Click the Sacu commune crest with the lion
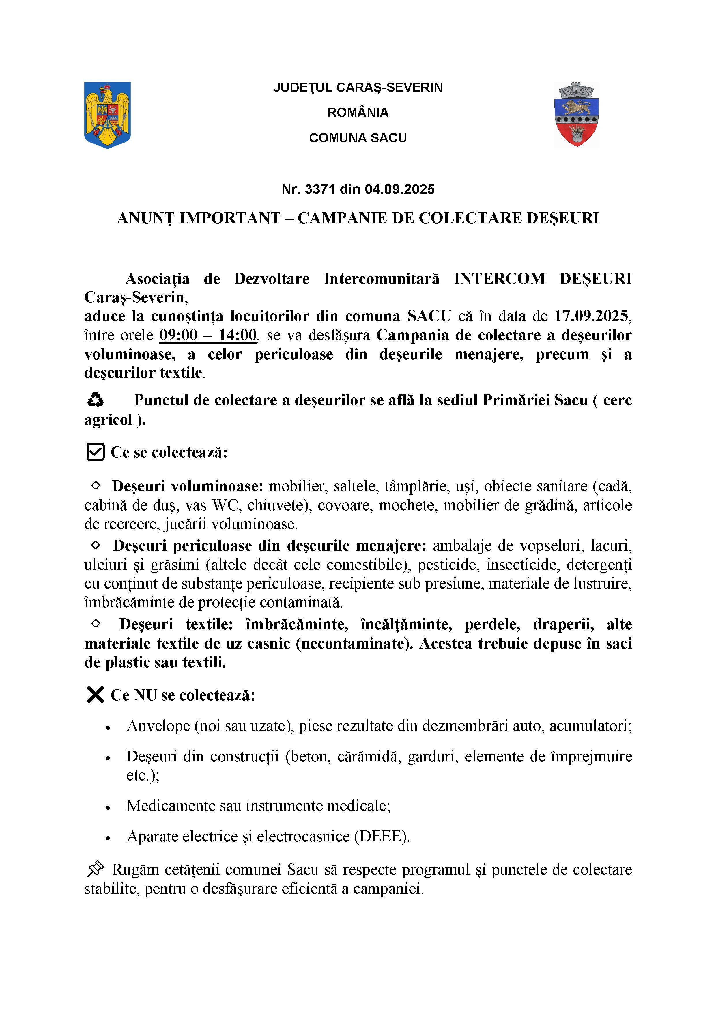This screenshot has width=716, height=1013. pos(576,114)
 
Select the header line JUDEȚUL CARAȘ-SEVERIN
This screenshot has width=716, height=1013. pos(358,87)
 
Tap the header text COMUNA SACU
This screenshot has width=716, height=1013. pos(358,138)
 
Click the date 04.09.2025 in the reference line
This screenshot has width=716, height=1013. pos(399,189)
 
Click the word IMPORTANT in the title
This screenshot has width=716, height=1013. pos(230,218)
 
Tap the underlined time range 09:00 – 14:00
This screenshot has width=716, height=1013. pos(208,335)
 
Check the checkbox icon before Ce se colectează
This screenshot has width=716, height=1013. pos(95,452)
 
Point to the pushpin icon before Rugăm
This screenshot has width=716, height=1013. pos(95,869)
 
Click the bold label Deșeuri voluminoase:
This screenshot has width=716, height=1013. pos(187,486)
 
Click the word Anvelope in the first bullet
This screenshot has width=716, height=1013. pos(158,726)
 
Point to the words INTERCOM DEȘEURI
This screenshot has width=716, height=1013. pos(543,279)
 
